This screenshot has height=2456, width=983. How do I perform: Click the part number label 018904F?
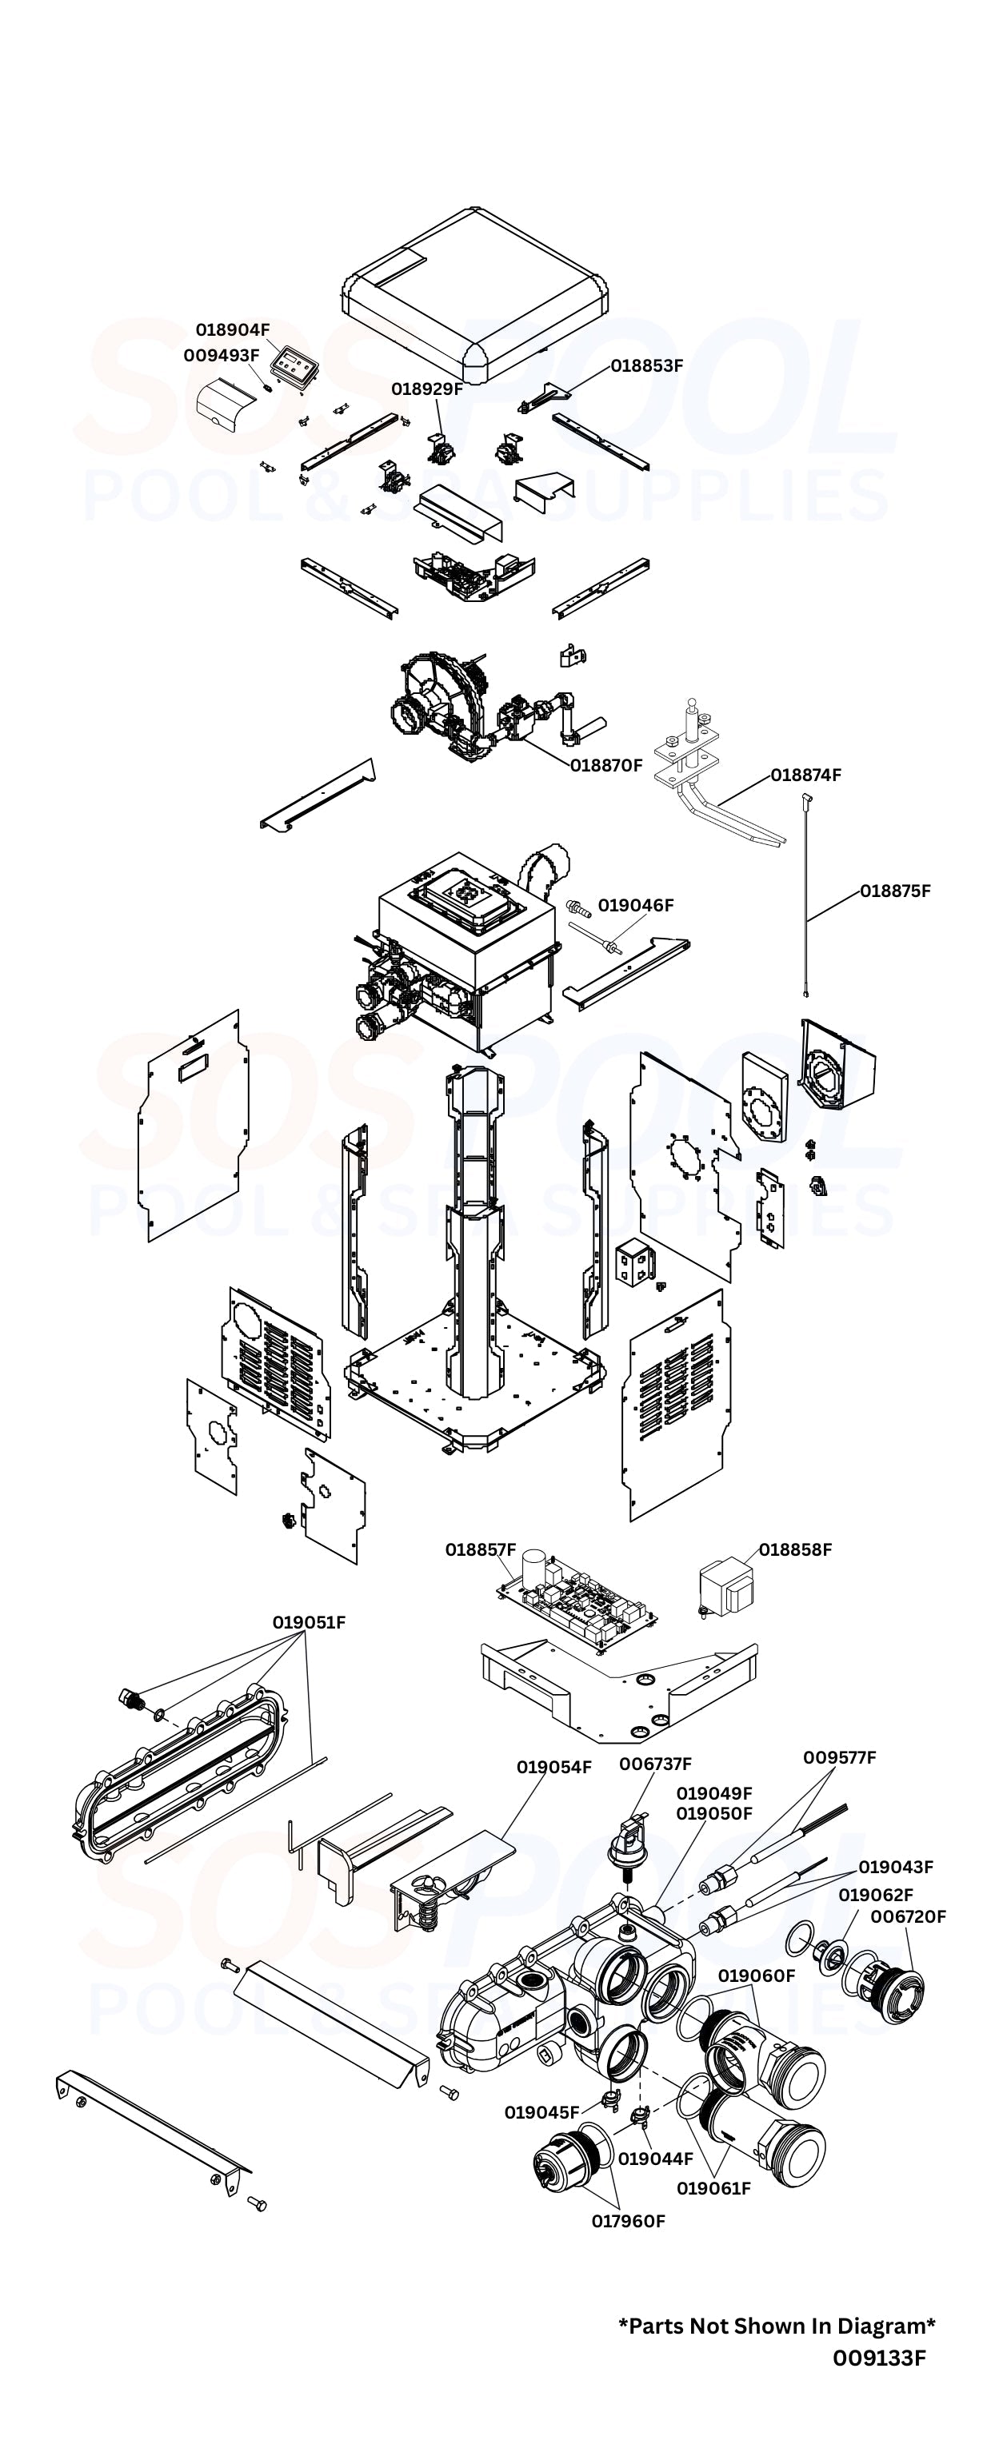coord(233,330)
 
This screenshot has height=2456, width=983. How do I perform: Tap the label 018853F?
coord(646,365)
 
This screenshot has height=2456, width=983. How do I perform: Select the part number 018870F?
coord(606,764)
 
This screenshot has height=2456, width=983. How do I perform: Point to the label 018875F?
coord(894,891)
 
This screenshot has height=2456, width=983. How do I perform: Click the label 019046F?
coord(635,905)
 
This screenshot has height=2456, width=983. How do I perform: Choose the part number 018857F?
coord(481,1549)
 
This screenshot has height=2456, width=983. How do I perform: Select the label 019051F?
coord(309,1622)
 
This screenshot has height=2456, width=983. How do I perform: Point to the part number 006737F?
coord(655,1764)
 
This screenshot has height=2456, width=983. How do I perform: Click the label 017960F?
coord(629,2220)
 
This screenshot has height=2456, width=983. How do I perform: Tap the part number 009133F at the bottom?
coord(878,2358)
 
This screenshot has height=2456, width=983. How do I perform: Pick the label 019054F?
coord(554,1767)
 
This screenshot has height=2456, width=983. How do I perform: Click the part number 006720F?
coord(908,1916)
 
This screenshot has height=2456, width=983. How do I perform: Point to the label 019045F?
coord(541,2111)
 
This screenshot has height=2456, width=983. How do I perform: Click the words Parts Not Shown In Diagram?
coord(777,2326)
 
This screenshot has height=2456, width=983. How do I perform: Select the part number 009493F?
coord(222,355)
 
